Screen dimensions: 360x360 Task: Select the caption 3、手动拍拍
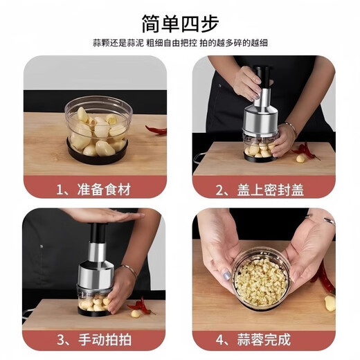(x=95, y=339)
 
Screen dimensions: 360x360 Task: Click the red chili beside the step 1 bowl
(x=156, y=129)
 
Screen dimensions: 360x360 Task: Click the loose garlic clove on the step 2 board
(x=300, y=159)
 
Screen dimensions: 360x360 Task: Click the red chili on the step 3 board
(x=141, y=306)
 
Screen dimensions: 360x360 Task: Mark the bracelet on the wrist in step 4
(x=323, y=219)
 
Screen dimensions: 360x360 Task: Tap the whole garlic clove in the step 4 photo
(x=330, y=303)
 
